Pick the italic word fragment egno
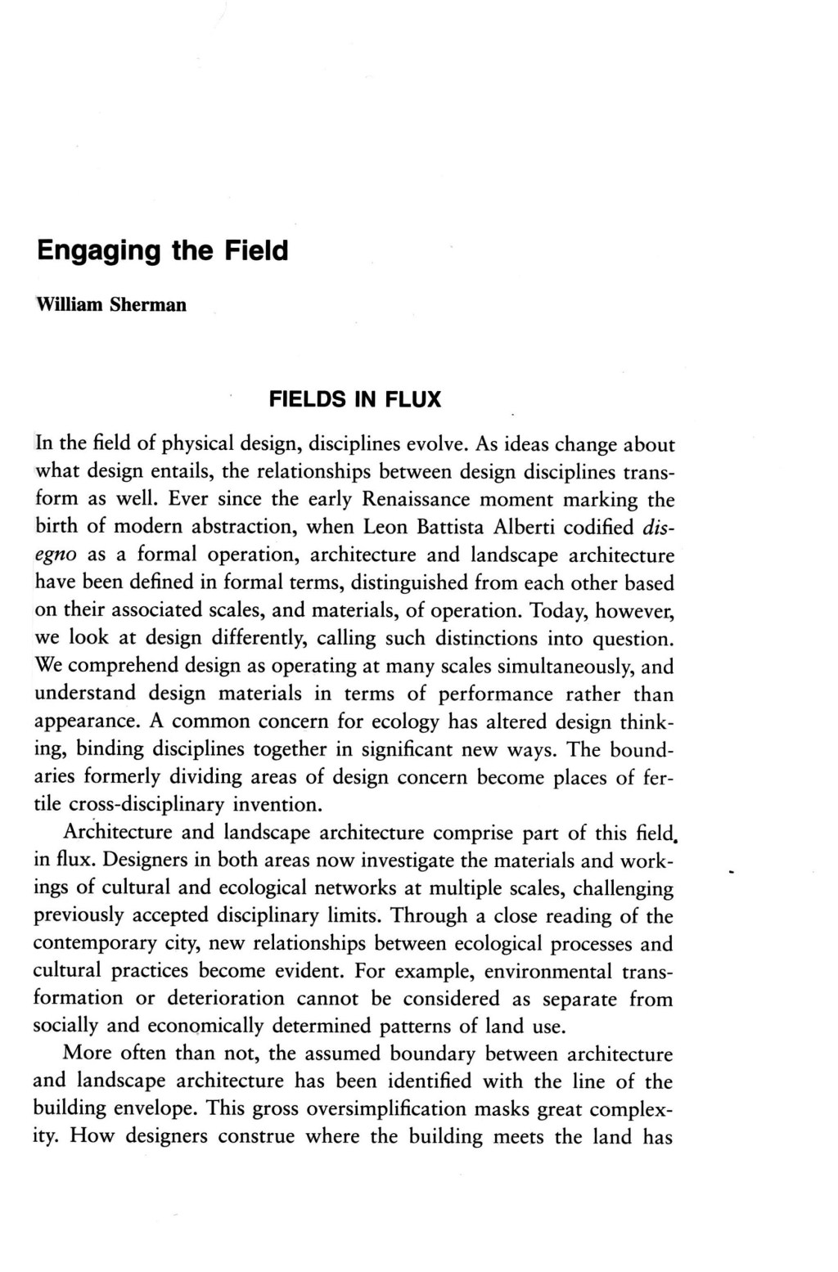point(56,555)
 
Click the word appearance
point(75,722)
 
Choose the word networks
point(386,889)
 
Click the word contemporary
point(95,944)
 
